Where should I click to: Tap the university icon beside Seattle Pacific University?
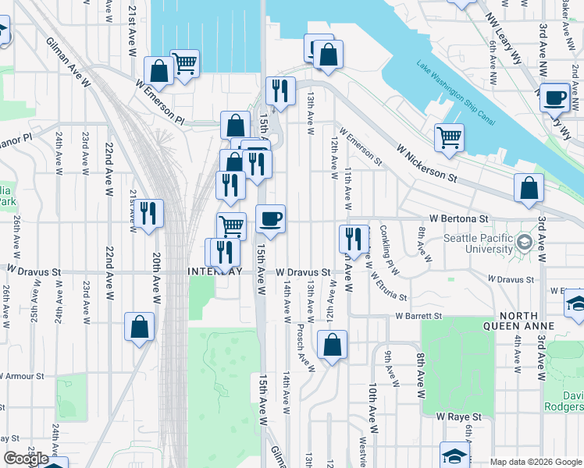coord(522,243)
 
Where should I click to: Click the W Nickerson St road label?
coord(426,162)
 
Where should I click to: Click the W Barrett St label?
coord(418,316)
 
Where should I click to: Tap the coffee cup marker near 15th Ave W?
coord(270,219)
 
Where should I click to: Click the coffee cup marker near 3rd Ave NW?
coord(555,97)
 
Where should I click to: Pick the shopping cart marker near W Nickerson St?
coord(449,137)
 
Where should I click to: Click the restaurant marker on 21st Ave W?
coord(148,212)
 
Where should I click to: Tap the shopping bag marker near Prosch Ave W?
coord(332,343)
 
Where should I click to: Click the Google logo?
coord(27,459)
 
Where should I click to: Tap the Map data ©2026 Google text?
coord(535,462)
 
